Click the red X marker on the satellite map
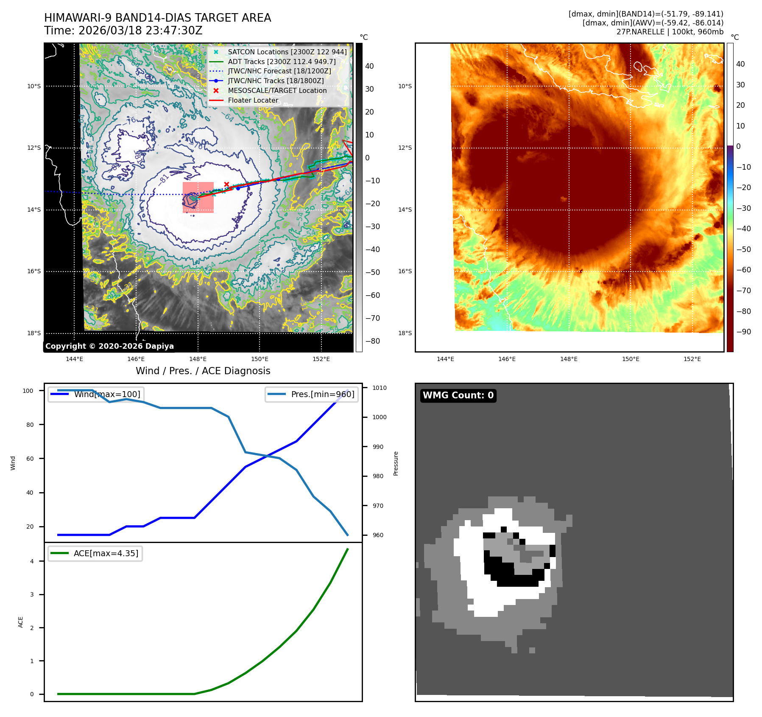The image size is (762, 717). pos(226,184)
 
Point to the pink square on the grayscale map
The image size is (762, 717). pos(198,197)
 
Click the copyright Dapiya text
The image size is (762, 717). pos(109,346)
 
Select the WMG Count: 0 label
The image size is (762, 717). pos(458,395)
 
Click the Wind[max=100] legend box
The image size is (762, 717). pos(95,394)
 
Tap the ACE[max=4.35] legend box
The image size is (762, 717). pos(95,553)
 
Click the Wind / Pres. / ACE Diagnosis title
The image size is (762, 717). pos(203,371)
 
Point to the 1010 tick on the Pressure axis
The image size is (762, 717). pos(379,388)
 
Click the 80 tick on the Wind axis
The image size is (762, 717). pos(30,425)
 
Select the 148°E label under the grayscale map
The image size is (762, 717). pos(198,359)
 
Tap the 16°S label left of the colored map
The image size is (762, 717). pos(405,272)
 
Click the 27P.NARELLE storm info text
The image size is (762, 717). pos(670,32)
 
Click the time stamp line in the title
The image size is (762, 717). pos(123,31)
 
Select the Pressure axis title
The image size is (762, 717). pos(396,463)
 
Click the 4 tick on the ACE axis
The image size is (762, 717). pos(32,561)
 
